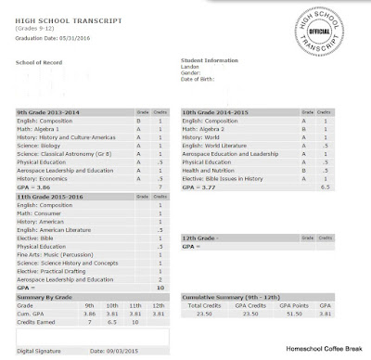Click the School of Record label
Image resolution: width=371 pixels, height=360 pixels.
pyautogui.click(x=37, y=63)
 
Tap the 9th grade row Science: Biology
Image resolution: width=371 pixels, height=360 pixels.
pyautogui.click(x=43, y=146)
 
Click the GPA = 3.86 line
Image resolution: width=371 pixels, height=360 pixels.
pyautogui.click(x=36, y=187)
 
